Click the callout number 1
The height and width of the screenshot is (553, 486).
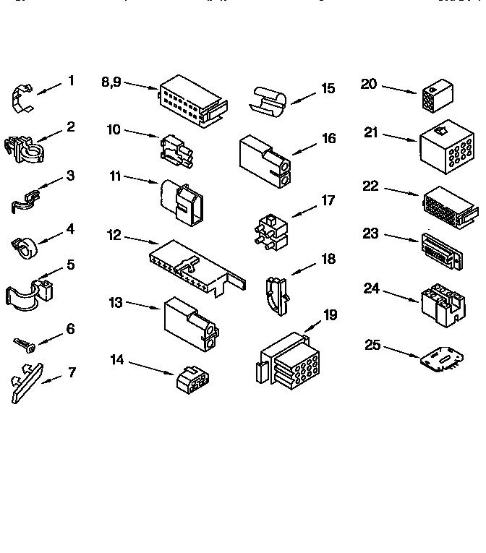coord(71,81)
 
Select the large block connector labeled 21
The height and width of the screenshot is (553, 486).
coord(446,145)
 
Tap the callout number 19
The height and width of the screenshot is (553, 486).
coord(330,315)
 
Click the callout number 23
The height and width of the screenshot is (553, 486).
coord(370,233)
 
